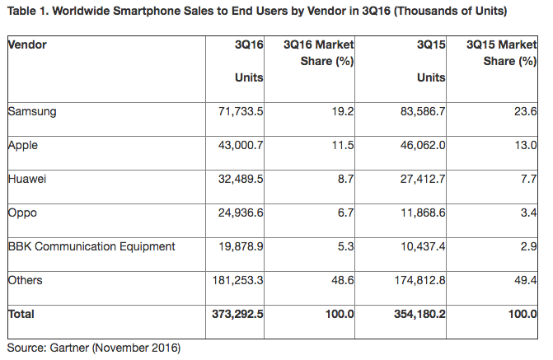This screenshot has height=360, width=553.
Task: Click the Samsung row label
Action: pos(31,111)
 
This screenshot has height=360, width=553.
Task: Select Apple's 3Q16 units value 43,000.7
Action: pos(236,145)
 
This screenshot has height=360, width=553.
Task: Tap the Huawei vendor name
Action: pos(27,179)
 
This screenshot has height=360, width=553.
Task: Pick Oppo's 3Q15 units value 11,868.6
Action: pos(418,213)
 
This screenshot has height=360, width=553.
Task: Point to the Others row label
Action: pos(26,280)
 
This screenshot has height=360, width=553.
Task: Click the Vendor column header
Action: pos(26,44)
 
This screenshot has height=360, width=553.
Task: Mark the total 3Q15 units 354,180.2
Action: pos(415,314)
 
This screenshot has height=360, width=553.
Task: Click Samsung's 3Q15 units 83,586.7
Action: pos(418,111)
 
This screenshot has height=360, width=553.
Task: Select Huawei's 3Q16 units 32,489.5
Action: pos(236,179)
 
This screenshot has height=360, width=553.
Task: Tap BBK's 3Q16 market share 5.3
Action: pos(345,246)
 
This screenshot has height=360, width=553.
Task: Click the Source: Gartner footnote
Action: pos(93,347)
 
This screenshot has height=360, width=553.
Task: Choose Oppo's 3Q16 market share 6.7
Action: pos(345,213)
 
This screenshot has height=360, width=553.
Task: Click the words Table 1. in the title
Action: pos(27,12)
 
